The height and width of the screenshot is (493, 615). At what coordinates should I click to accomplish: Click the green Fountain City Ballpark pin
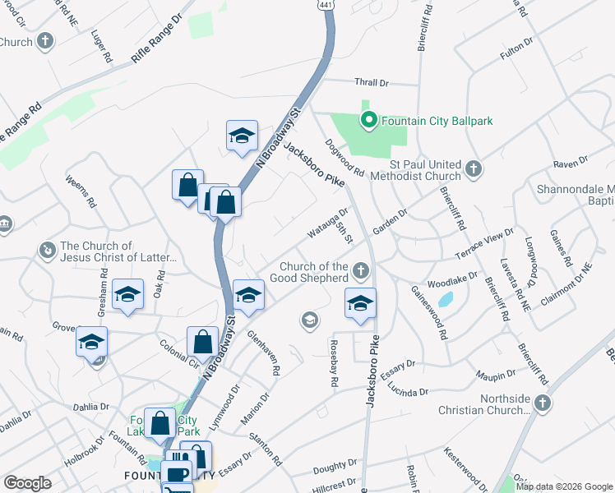(369, 121)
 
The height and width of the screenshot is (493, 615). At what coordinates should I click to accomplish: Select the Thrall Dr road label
(371, 83)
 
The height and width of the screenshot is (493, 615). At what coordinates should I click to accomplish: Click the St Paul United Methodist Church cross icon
(473, 168)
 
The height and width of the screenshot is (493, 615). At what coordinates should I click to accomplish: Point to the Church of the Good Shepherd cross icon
(360, 270)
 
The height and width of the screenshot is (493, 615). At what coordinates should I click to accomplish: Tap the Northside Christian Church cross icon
(541, 403)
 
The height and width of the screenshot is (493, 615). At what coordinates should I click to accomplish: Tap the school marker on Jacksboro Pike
(360, 304)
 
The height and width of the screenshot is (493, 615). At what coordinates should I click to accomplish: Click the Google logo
(27, 483)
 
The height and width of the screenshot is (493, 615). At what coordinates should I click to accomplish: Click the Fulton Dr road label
(516, 48)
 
